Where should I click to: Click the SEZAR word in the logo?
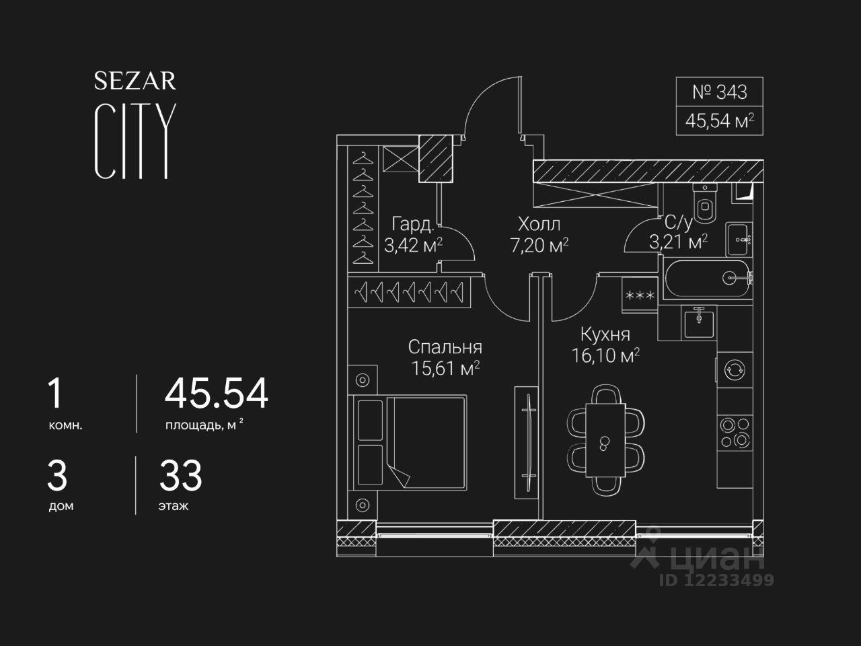coord(135,81)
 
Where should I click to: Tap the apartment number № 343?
coord(719,92)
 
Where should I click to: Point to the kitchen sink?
coord(700,322)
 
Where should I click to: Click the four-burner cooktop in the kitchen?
coord(734,432)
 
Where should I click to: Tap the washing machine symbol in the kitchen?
coord(733,369)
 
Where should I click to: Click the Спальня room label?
coord(445,347)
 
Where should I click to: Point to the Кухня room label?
coord(605,334)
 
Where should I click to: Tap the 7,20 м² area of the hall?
coord(539,246)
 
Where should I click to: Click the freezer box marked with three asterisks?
coord(640,296)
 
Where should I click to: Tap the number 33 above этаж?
coord(180,476)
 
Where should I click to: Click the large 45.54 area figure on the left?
coord(216,394)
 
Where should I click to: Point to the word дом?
coord(61,506)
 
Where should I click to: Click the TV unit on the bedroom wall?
coord(526,441)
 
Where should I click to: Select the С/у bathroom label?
coord(677,223)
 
